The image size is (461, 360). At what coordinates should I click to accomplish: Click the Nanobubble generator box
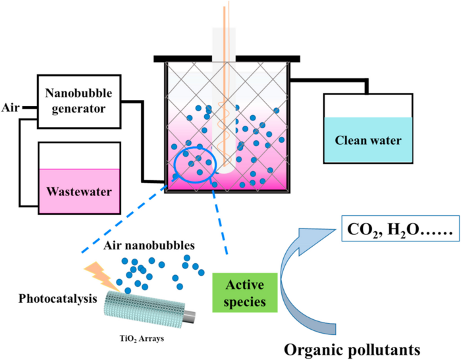pos(77,101)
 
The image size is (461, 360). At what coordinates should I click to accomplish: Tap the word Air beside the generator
pos(11,107)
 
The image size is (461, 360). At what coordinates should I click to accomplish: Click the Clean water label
pos(367,140)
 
